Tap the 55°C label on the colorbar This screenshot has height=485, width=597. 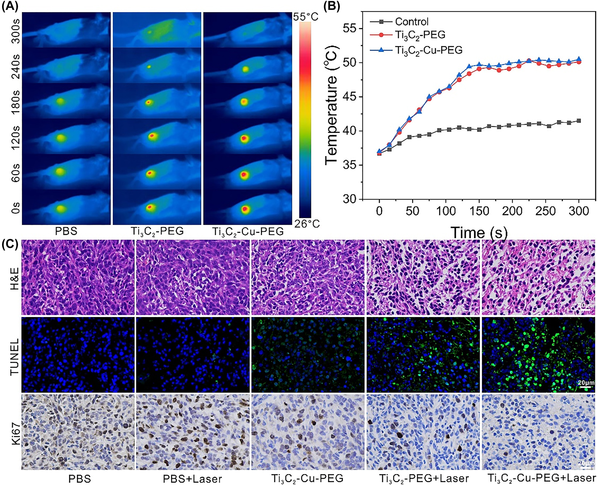305,17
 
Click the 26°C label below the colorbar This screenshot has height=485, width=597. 307,224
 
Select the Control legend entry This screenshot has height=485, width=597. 411,22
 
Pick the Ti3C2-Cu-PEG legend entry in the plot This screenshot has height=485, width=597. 428,50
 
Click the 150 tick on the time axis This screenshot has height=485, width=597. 479,211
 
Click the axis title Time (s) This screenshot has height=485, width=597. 479,233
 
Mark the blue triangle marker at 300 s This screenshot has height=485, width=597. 579,59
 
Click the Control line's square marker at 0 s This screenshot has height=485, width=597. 379,153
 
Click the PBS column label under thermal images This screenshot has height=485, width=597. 66,231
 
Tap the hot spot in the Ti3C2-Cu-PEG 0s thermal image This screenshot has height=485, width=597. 245,208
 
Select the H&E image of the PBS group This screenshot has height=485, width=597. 78,277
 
